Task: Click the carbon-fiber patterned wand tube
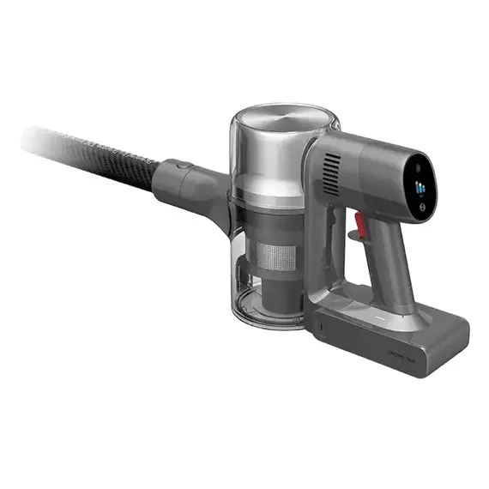94,150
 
